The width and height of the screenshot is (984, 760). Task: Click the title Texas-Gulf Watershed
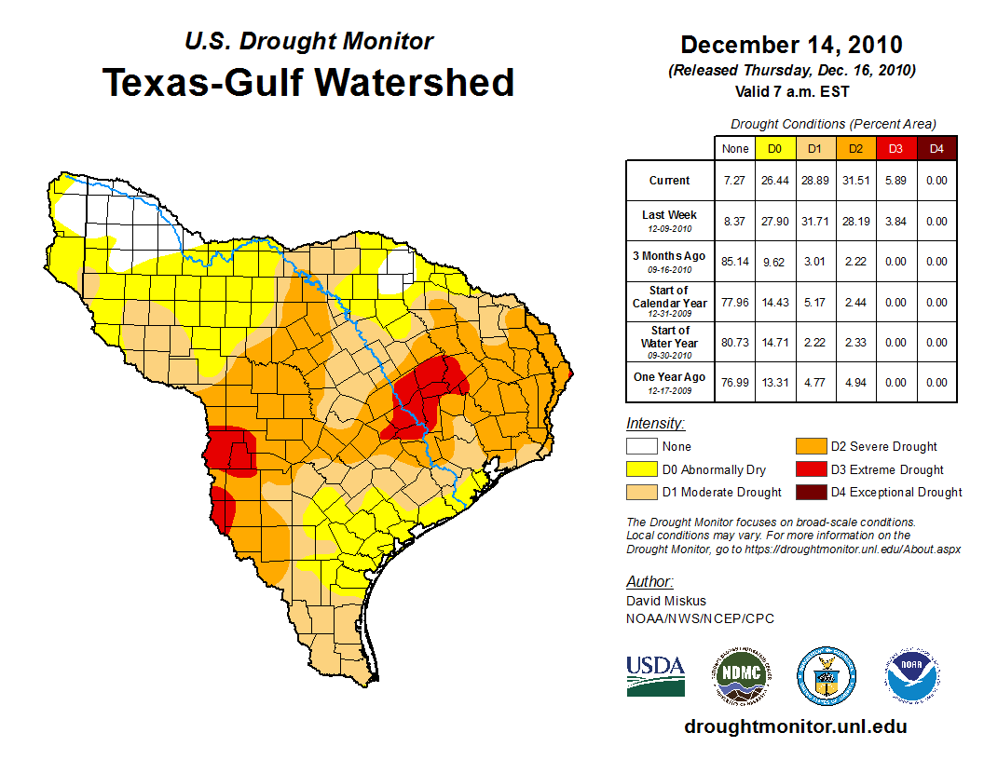307,82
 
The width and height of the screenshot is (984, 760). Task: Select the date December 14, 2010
791,45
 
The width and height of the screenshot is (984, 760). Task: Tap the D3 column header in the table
895,148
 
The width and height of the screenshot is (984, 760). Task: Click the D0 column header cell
774,148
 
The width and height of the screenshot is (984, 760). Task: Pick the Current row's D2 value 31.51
854,181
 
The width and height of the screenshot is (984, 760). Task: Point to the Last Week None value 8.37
734,222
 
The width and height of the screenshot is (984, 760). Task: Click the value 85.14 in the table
734,262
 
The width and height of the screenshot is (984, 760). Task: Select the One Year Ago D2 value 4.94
854,382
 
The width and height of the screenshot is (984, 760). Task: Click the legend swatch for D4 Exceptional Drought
811,492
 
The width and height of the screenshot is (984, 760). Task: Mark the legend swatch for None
640,447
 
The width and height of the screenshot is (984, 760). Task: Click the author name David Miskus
666,601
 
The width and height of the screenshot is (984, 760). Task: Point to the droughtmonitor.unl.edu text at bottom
795,726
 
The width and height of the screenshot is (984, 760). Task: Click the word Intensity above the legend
655,424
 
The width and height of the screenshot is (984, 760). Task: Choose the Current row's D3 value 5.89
895,181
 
